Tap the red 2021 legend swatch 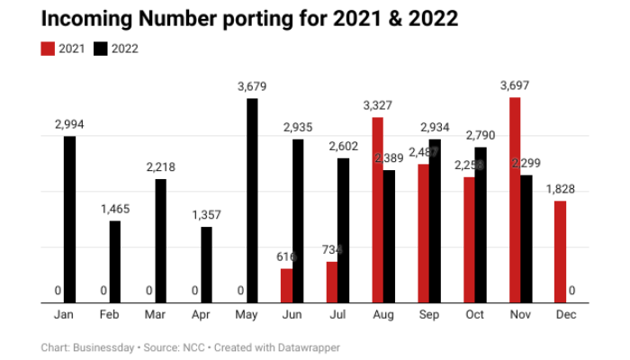point(49,49)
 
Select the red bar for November point(515,200)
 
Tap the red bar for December point(560,251)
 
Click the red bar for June point(286,285)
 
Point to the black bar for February point(115,261)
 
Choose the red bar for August point(378,210)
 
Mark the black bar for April point(206,265)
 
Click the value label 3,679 point(253,87)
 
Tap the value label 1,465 point(115,209)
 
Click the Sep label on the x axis point(429,316)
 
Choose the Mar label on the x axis point(155,316)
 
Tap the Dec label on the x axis point(566,316)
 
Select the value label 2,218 point(161,167)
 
